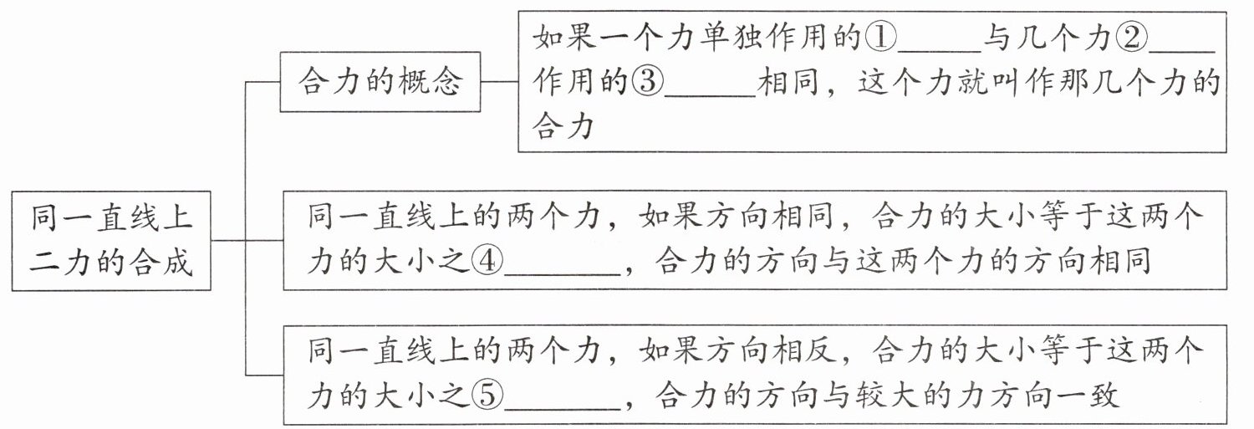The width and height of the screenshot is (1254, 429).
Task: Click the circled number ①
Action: tap(880, 38)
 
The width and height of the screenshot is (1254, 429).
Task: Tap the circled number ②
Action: tap(1131, 38)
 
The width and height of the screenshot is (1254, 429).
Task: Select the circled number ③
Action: tap(647, 82)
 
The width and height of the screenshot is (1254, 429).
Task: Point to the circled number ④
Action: tap(487, 261)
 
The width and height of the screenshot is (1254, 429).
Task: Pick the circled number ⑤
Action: tap(487, 396)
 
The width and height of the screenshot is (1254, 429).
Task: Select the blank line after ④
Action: tap(563, 274)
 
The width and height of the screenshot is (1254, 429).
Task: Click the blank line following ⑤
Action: tap(563, 409)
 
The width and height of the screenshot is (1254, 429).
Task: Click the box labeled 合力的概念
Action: tap(380, 82)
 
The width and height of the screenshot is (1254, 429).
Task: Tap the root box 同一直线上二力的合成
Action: tap(111, 241)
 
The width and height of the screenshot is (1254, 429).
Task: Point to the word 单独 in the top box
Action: tap(729, 38)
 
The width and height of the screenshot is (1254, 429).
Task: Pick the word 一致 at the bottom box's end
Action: tap(1087, 396)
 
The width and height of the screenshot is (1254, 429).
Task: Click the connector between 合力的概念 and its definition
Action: tap(499, 82)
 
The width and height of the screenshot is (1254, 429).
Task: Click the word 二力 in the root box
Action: tap(60, 262)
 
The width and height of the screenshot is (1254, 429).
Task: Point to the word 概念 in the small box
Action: tap(431, 82)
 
